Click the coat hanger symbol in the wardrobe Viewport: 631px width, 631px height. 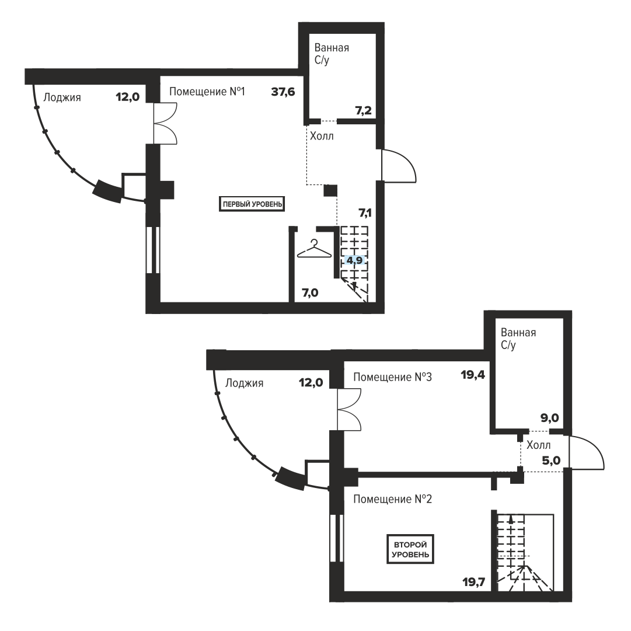click(x=314, y=249)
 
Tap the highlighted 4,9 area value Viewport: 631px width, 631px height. click(x=354, y=260)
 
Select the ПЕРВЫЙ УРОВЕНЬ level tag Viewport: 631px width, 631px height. click(x=252, y=204)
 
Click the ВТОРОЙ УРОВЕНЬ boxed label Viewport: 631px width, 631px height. click(x=410, y=549)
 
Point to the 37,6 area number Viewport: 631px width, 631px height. click(x=283, y=92)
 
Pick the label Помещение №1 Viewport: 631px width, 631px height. click(x=207, y=92)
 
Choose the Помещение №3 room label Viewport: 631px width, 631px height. click(x=392, y=377)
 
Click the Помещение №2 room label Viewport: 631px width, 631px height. click(x=392, y=499)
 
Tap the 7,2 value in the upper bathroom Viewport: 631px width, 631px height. click(x=364, y=110)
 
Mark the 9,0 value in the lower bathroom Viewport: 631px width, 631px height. click(x=550, y=418)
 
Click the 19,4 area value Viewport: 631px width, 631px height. click(x=473, y=375)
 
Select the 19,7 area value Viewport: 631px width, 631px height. click(x=474, y=582)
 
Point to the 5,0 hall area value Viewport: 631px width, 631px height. click(x=551, y=461)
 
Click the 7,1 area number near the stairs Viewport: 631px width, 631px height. click(x=365, y=212)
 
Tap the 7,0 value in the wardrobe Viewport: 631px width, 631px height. click(x=311, y=292)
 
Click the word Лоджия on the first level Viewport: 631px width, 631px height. click(x=62, y=97)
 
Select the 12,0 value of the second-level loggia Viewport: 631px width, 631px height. click(x=311, y=382)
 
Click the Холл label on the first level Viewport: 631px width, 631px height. click(x=322, y=136)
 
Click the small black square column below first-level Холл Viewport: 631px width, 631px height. click(x=330, y=191)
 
